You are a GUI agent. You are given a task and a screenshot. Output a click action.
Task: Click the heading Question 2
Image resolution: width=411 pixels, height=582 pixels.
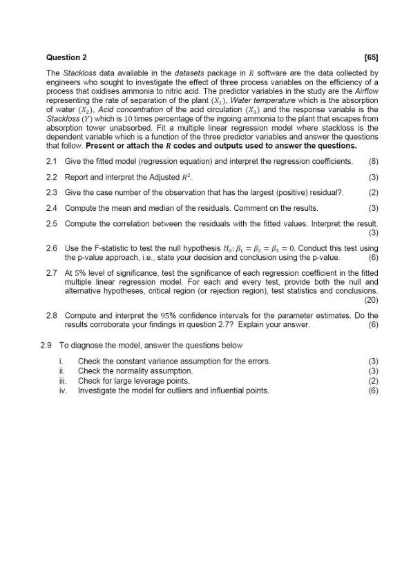[x=66, y=57]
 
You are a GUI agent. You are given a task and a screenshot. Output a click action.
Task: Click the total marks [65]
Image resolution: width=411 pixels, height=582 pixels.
[x=371, y=57]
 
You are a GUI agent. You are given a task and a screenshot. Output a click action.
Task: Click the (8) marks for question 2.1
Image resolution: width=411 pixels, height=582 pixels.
[x=373, y=161]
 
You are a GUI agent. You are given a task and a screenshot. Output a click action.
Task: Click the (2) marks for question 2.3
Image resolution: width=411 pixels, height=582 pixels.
[x=373, y=192]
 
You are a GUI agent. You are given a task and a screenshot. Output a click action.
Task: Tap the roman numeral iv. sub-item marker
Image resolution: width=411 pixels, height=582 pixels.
[x=64, y=391]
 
